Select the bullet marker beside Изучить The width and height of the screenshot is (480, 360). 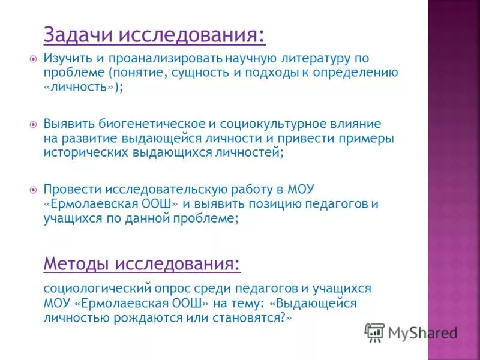tap(34, 59)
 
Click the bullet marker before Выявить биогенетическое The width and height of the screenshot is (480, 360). tap(34, 124)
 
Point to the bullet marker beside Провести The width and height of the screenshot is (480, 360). tap(34, 189)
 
